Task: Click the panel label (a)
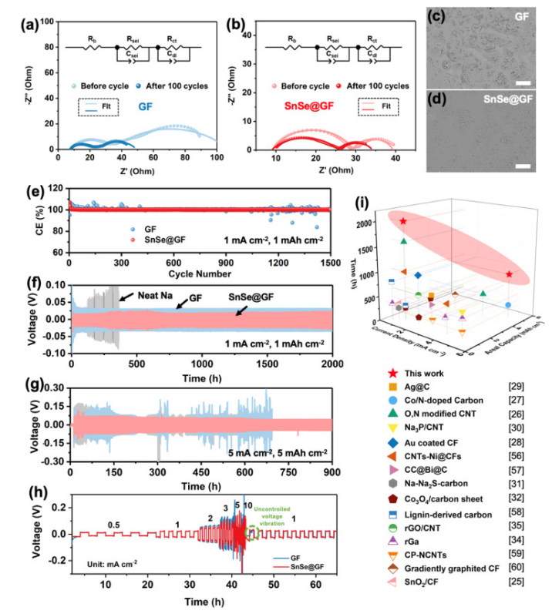click(x=16, y=13)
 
